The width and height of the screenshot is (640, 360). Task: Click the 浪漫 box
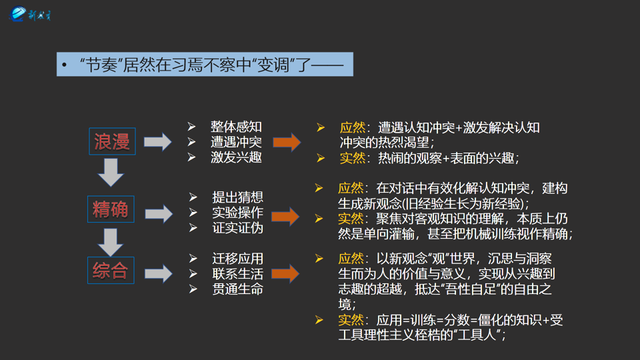coord(112,141)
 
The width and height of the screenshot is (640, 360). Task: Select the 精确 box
coord(111,209)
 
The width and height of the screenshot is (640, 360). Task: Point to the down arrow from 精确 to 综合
coord(111,240)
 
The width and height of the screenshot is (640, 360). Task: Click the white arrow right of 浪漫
coord(158,141)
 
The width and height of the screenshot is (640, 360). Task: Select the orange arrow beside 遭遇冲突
coord(287,142)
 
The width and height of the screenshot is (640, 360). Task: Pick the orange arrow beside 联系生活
coord(285,273)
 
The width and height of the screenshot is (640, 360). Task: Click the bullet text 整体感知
coord(236,127)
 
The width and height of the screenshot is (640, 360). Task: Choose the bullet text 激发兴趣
coord(236,157)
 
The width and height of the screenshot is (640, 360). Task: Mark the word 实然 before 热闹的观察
coord(352,158)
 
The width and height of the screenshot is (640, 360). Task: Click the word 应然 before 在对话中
coord(351,189)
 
